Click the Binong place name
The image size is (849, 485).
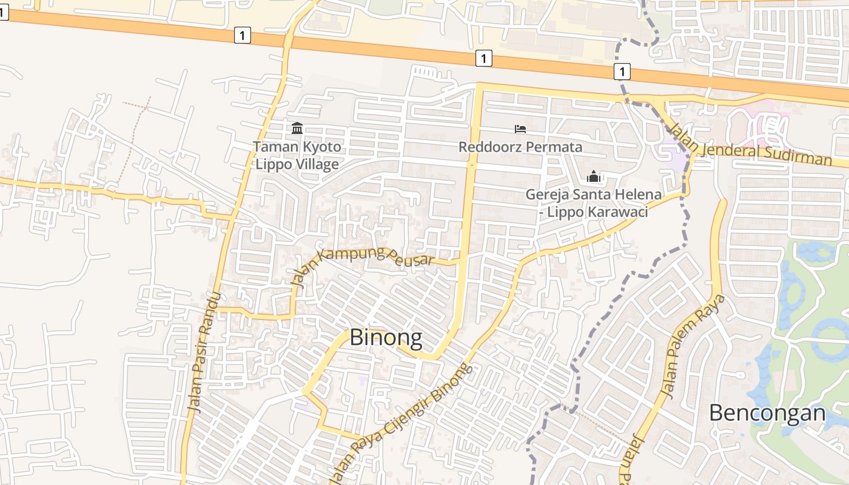[x=386, y=338]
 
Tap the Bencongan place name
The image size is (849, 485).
[x=767, y=413]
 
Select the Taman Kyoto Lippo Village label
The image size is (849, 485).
[x=297, y=155]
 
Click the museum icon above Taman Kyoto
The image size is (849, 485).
[x=297, y=128]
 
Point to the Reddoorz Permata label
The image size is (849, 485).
[x=520, y=147]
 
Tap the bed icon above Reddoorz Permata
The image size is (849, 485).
[x=520, y=129]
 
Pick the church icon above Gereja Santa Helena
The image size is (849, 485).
[x=593, y=177]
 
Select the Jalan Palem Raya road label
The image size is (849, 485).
[x=694, y=346]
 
